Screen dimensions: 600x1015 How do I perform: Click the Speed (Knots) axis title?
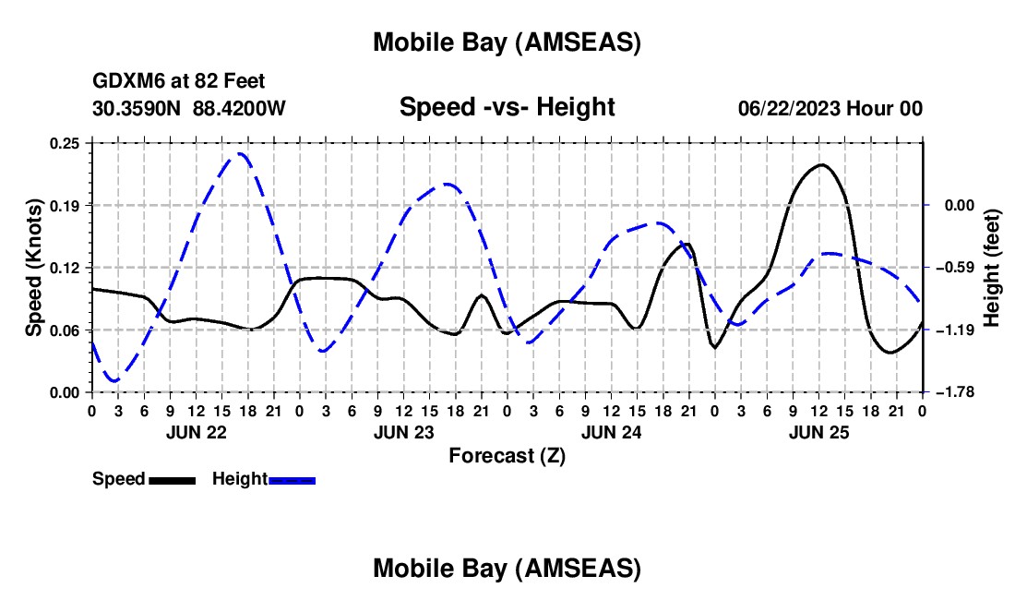pyautogui.click(x=34, y=268)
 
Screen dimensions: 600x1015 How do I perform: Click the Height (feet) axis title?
pyautogui.click(x=992, y=268)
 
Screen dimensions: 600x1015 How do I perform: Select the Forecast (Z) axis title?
pyautogui.click(x=507, y=455)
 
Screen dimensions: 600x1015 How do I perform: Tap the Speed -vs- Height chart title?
pyautogui.click(x=507, y=108)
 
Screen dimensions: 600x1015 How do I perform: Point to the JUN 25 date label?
pyautogui.click(x=818, y=431)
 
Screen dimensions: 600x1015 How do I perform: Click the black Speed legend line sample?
pyautogui.click(x=172, y=480)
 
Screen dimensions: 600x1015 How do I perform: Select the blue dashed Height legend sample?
pyautogui.click(x=293, y=480)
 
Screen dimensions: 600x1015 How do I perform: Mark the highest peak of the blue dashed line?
pyautogui.click(x=240, y=153)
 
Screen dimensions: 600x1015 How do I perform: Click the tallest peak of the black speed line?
pyautogui.click(x=821, y=164)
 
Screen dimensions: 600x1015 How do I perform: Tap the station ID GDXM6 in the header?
pyautogui.click(x=124, y=82)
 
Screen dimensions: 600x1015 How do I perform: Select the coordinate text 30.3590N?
pyautogui.click(x=138, y=108)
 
